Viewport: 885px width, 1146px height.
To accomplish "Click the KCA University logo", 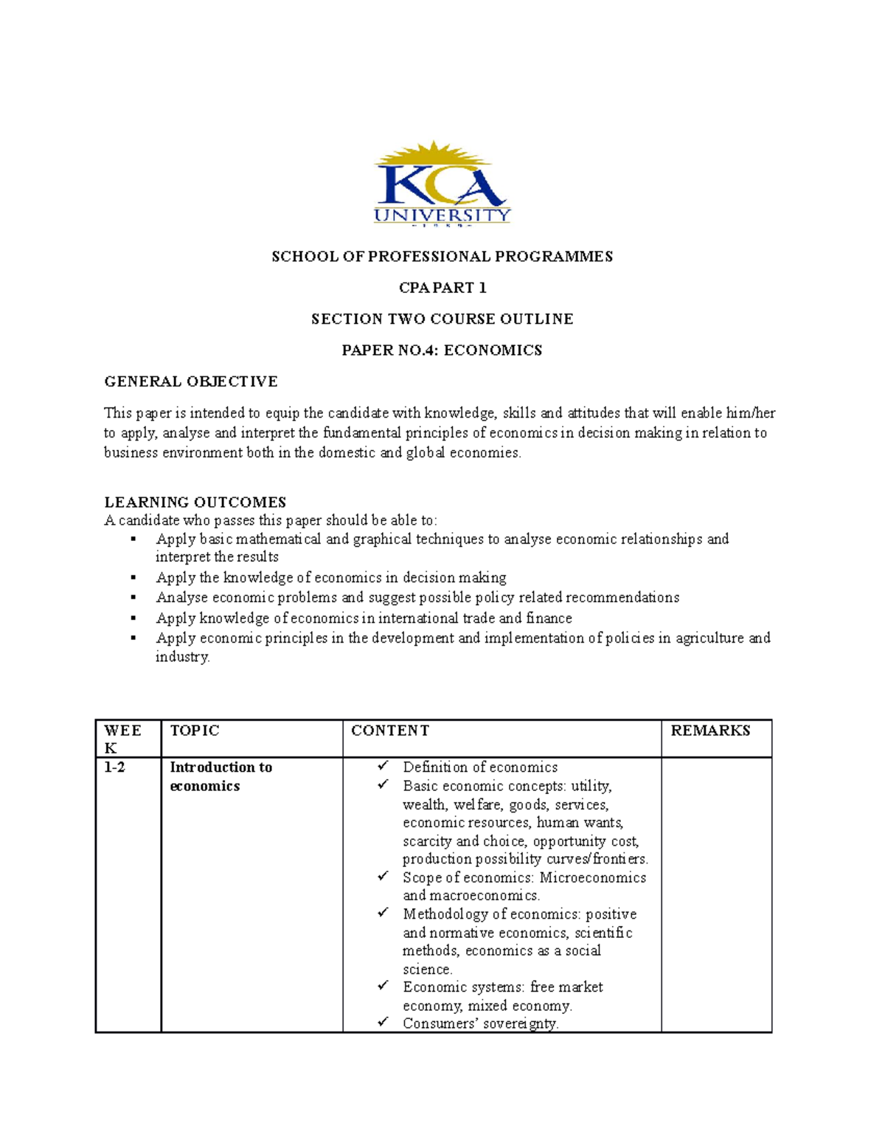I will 441,184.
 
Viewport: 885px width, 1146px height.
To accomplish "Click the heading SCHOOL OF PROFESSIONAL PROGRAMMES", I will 442,257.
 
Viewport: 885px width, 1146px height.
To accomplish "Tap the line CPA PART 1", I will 442,288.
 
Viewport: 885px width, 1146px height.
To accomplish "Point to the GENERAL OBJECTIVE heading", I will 190,382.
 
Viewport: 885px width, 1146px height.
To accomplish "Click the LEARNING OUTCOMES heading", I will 195,503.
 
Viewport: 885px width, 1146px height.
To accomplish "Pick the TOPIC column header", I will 195,731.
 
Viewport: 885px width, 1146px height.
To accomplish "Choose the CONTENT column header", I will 389,731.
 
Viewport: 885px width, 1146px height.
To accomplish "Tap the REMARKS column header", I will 709,731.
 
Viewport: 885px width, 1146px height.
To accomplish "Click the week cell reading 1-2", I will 114,767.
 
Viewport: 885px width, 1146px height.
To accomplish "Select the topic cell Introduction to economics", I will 221,776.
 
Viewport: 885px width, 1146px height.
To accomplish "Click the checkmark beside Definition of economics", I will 383,767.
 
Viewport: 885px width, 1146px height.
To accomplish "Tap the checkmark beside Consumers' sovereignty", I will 383,1022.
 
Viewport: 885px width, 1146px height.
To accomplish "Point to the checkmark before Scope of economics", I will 383,877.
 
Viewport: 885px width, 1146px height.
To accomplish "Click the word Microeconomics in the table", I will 592,877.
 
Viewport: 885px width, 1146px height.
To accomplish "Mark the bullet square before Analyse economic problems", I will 133,597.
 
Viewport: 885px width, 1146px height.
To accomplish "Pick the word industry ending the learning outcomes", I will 181,657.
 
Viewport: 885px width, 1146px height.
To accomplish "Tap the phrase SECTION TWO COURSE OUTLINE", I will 442,319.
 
